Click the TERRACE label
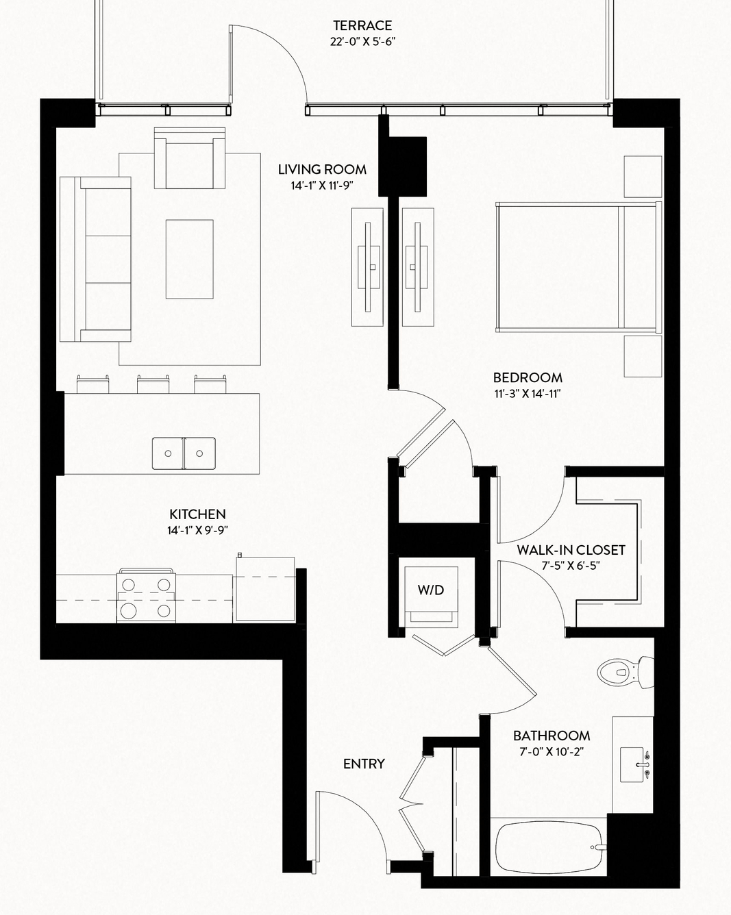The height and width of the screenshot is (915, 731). pyautogui.click(x=362, y=25)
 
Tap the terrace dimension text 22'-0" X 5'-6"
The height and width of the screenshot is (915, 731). pyautogui.click(x=362, y=42)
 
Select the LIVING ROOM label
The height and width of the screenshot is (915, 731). pyautogui.click(x=322, y=170)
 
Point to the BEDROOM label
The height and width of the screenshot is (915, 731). pyautogui.click(x=528, y=377)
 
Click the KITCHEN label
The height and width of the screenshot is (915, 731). pyautogui.click(x=197, y=514)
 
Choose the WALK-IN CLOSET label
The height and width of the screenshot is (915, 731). pyautogui.click(x=571, y=550)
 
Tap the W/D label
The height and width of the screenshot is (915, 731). pyautogui.click(x=431, y=590)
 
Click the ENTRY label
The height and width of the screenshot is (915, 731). pyautogui.click(x=364, y=764)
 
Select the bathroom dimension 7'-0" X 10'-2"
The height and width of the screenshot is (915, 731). pyautogui.click(x=552, y=752)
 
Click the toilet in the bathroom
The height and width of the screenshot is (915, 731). pyautogui.click(x=625, y=673)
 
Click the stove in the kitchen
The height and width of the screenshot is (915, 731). pyautogui.click(x=146, y=596)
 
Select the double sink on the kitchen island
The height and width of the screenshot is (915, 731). pyautogui.click(x=184, y=453)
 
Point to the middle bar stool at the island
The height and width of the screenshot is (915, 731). pyautogui.click(x=153, y=384)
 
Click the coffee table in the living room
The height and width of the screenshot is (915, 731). pyautogui.click(x=189, y=260)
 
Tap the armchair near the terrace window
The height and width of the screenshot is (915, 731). pyautogui.click(x=189, y=158)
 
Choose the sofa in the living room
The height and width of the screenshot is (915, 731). pyautogui.click(x=95, y=260)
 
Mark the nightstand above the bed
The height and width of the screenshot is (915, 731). pyautogui.click(x=643, y=177)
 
